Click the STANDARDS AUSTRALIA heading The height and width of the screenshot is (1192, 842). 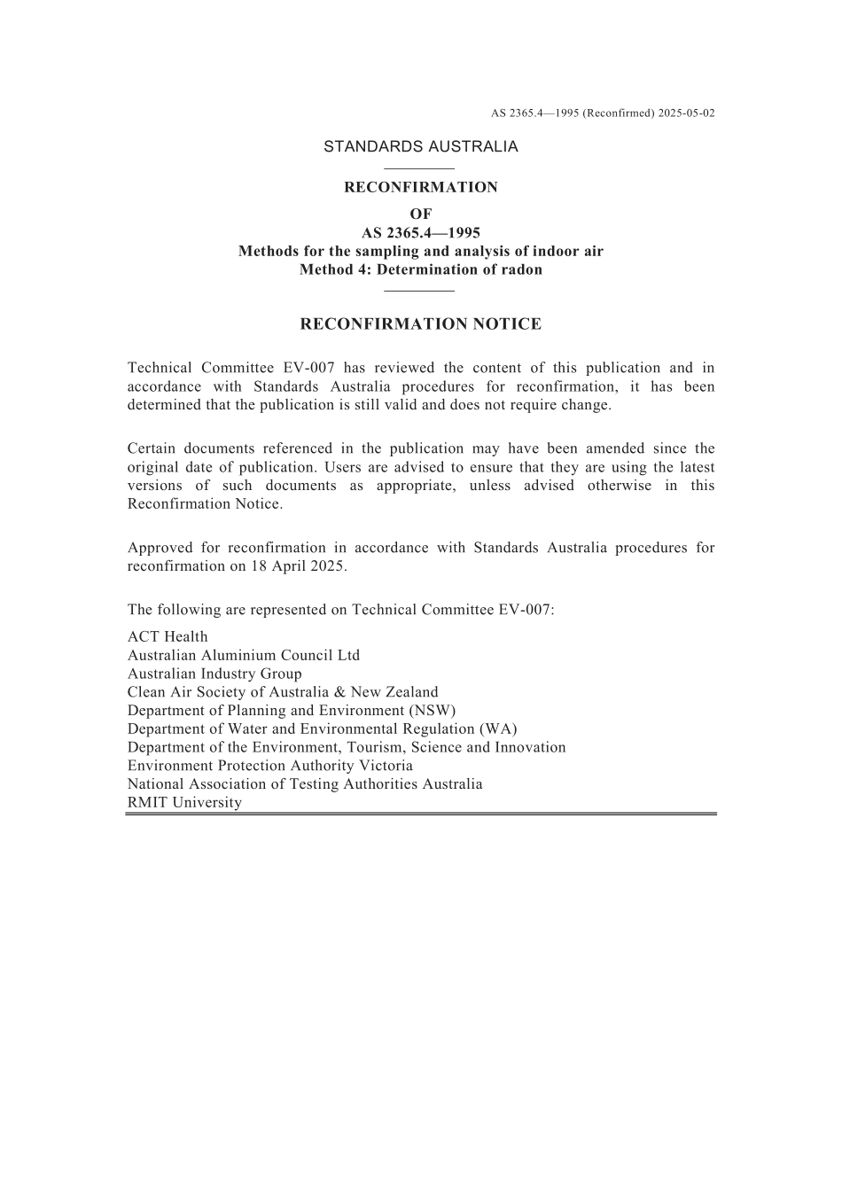(420, 147)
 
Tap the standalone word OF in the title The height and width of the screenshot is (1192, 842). (420, 214)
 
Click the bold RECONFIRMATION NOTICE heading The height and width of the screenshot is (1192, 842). (420, 324)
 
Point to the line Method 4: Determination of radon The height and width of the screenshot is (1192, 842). (420, 270)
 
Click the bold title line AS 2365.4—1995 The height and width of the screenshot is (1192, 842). (420, 233)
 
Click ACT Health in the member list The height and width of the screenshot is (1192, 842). (168, 637)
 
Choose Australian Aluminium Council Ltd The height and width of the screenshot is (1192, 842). (244, 656)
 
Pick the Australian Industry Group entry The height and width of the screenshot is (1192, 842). (214, 674)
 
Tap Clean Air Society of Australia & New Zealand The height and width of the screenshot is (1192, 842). (283, 692)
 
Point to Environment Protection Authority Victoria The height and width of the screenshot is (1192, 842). (270, 766)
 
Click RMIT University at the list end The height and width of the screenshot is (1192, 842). (184, 803)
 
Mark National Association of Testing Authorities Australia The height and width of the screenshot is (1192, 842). (305, 784)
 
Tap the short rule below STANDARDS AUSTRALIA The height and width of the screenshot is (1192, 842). (420, 168)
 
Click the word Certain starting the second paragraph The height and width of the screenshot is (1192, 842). (155, 448)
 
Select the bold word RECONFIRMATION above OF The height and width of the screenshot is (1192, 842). (420, 188)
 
